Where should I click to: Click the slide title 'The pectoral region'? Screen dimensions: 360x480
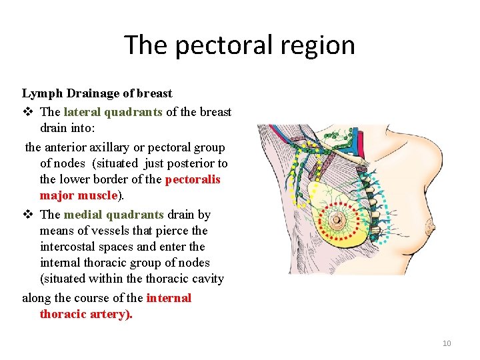[x=239, y=45]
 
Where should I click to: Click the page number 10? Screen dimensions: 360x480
[x=447, y=343]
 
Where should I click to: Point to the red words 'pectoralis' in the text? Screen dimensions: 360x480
[x=193, y=179]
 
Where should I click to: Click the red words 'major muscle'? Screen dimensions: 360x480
[x=78, y=195]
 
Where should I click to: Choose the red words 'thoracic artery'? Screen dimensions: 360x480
[x=85, y=314]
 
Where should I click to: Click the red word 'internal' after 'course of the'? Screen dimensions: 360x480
[x=169, y=298]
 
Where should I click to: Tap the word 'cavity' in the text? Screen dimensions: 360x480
[x=207, y=279]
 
